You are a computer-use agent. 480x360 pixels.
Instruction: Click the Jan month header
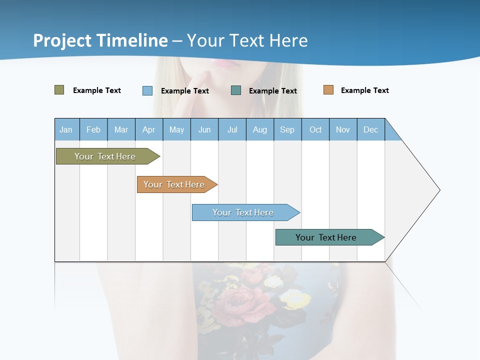[66, 129]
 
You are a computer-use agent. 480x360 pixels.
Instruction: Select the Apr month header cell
[149, 129]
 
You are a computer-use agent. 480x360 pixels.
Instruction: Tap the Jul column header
[232, 129]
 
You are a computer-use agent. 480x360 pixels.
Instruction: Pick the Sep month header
[287, 129]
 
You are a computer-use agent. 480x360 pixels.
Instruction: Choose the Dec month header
[370, 129]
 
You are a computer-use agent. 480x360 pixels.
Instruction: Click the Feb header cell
[93, 129]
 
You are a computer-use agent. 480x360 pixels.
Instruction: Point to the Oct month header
[315, 129]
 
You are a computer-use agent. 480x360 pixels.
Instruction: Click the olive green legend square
[59, 90]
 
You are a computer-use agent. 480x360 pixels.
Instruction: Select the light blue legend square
[147, 90]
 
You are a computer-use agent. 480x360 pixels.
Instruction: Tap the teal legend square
[236, 90]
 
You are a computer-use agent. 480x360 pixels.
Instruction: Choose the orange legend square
[328, 90]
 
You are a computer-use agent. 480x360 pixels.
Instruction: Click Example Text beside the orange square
[364, 90]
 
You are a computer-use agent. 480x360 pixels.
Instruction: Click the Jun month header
[204, 129]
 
